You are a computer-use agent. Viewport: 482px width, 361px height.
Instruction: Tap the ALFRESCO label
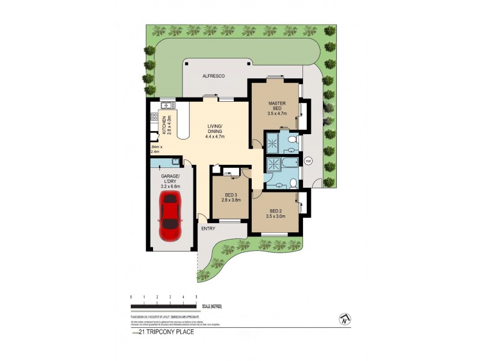tap(213, 76)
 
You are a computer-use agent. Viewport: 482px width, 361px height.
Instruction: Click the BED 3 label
tap(230, 195)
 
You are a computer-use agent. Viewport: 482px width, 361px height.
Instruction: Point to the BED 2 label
tap(277, 211)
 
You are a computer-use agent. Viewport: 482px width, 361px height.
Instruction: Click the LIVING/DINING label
tap(215, 128)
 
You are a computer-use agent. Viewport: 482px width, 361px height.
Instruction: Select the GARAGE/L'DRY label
tap(171, 179)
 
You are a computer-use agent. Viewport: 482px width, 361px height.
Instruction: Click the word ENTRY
tap(208, 228)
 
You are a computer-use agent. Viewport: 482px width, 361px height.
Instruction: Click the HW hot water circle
tap(308, 161)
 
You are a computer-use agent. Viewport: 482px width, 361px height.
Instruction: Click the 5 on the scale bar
tap(196, 297)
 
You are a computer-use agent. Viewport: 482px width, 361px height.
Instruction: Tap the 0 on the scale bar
tap(131, 297)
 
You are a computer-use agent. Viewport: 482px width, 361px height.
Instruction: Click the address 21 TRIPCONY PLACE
tap(166, 332)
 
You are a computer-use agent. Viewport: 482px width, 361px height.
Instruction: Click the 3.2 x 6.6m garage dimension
tap(171, 186)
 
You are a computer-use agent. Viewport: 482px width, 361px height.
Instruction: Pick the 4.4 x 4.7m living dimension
tap(215, 136)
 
